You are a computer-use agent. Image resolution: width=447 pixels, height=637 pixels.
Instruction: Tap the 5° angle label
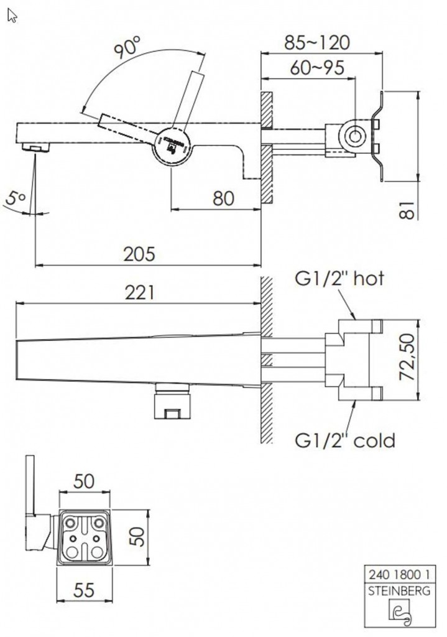coord(16,199)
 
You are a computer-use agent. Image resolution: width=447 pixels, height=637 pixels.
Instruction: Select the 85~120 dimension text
coord(317,42)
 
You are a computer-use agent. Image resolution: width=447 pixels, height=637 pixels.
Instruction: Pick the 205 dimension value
coord(139,254)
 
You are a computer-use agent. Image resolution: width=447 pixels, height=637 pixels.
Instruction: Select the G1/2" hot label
coord(339,278)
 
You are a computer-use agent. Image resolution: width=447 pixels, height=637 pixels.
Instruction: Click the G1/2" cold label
coord(344,441)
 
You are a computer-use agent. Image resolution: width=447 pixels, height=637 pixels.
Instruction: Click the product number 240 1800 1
coord(399,575)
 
